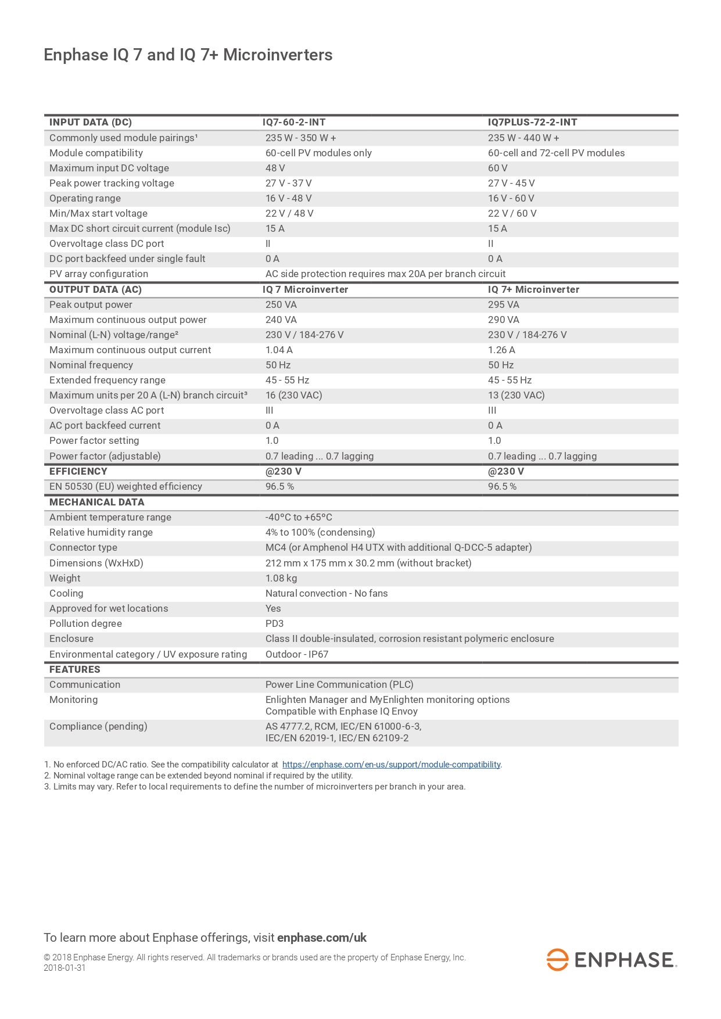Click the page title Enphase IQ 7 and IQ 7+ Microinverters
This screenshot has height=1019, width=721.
[x=188, y=55]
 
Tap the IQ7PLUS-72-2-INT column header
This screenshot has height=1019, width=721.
[x=532, y=122]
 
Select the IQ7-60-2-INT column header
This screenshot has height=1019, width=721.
[x=294, y=122]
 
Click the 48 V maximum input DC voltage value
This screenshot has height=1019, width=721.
[x=275, y=168]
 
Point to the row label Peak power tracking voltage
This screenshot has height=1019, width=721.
[x=112, y=183]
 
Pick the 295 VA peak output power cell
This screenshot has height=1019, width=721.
[x=503, y=304]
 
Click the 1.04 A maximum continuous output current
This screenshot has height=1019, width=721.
[x=279, y=350]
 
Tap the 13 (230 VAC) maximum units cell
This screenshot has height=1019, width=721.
[x=516, y=395]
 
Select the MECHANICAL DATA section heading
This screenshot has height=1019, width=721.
[x=96, y=502]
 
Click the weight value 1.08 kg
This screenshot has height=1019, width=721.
[x=281, y=578]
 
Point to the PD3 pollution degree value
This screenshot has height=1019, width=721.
[x=274, y=623]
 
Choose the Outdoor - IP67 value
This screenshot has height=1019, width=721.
[x=297, y=654]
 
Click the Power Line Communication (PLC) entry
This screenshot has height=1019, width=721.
[x=339, y=684]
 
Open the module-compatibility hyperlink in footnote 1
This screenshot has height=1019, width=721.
[x=391, y=765]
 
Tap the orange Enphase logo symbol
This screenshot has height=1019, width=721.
[x=557, y=960]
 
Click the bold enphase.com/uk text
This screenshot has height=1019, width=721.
[x=322, y=938]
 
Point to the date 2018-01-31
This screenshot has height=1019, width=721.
[x=64, y=968]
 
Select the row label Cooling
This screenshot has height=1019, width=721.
[x=66, y=593]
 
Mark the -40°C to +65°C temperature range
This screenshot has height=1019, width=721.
[x=299, y=517]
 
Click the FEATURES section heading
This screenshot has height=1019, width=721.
[x=74, y=669]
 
